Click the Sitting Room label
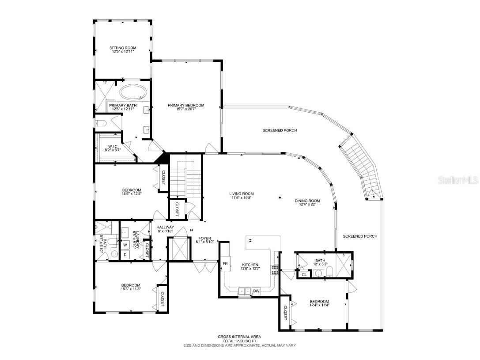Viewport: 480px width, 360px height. [123, 48]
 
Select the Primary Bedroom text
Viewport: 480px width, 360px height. [186, 105]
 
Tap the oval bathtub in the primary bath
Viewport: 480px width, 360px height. [133, 92]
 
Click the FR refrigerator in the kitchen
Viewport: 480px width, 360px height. [225, 264]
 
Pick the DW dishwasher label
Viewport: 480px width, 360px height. [256, 291]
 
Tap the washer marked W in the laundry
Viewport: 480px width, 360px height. [125, 244]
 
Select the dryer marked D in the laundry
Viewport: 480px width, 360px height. [125, 254]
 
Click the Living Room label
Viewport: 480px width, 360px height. [242, 193]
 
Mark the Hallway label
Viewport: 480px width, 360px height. [166, 227]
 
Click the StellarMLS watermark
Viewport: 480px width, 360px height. [459, 180]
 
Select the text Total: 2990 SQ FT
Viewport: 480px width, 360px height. [240, 341]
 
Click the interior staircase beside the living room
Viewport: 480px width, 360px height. [186, 181]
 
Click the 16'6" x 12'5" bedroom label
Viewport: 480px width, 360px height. [119, 193]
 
